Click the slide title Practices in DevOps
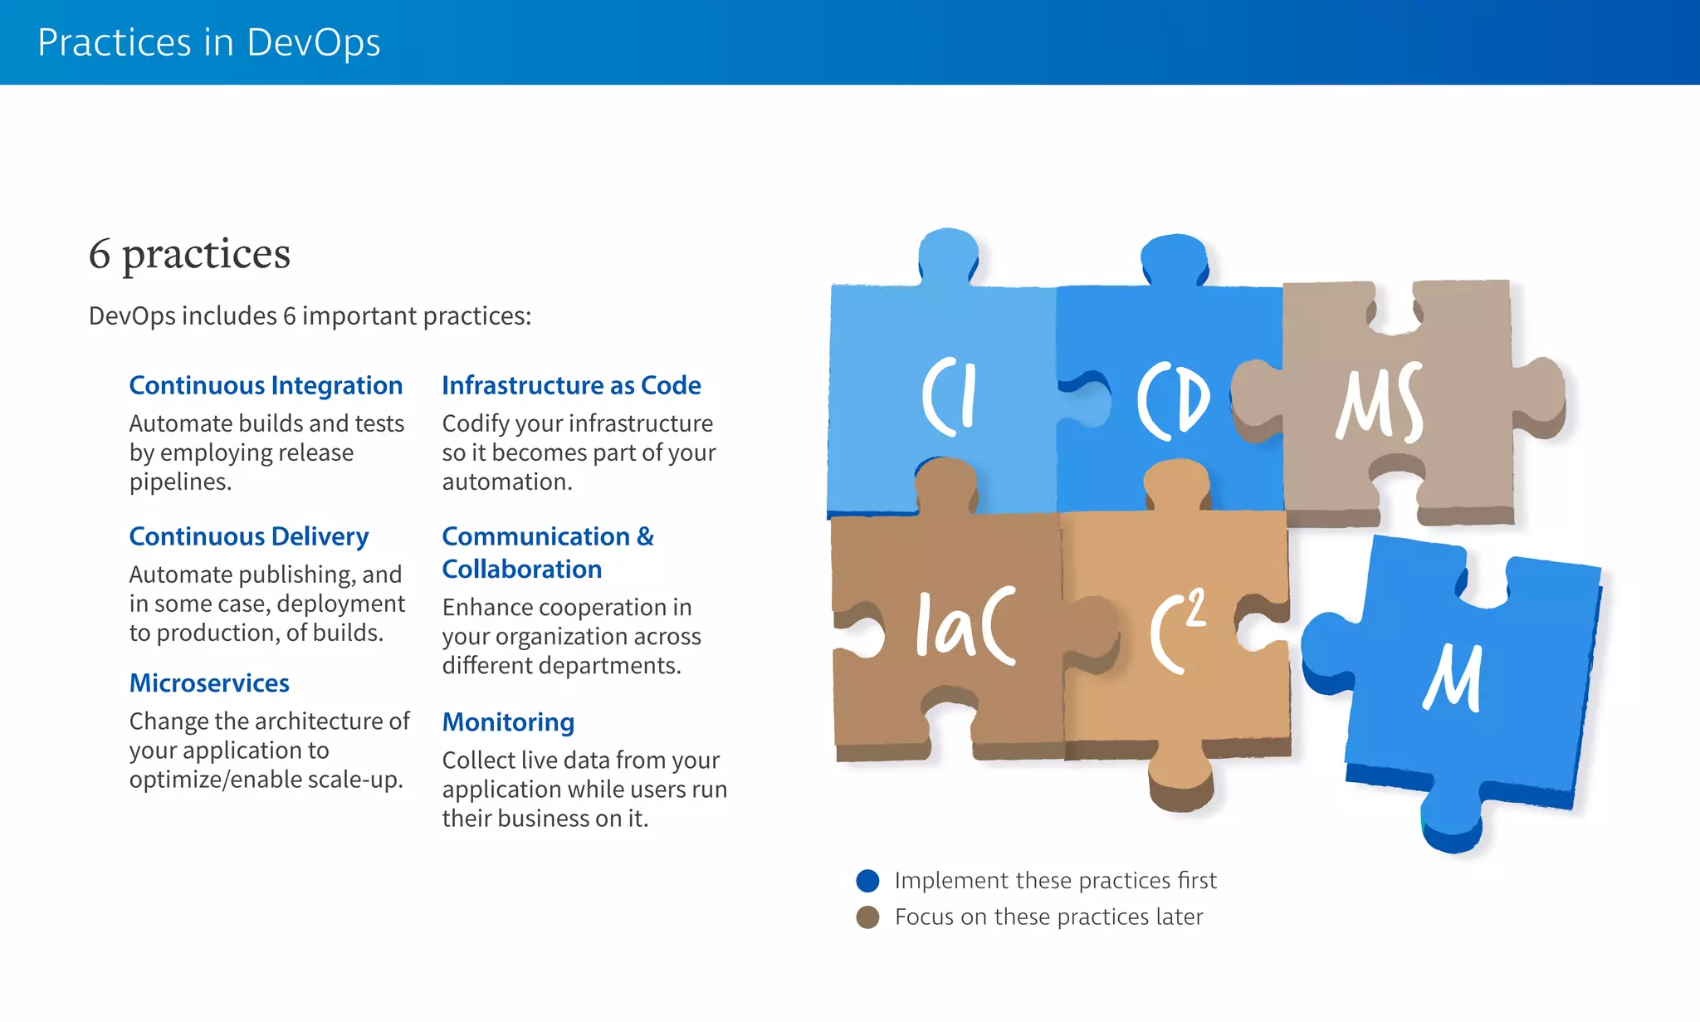click(208, 42)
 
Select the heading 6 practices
click(189, 253)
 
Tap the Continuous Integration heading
click(266, 385)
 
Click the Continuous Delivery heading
click(249, 536)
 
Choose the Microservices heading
click(209, 682)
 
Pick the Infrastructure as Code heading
click(571, 385)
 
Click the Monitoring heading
click(508, 721)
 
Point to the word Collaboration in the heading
click(521, 570)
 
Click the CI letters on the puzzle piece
click(950, 397)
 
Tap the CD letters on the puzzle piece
click(1172, 400)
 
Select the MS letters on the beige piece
click(1380, 403)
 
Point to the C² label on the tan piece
click(1177, 631)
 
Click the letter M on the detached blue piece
click(1454, 678)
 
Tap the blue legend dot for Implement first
click(867, 881)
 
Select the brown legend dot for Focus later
click(867, 917)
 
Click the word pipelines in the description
click(179, 482)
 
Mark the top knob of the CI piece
click(948, 253)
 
